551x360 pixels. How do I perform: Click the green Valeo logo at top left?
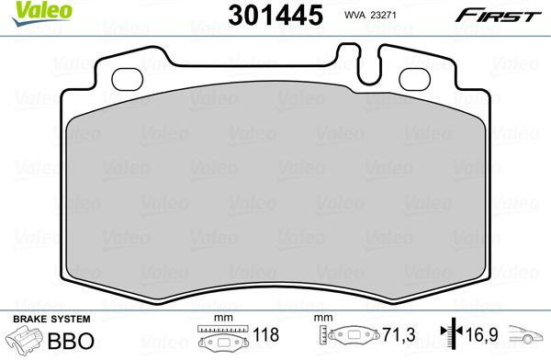(42, 14)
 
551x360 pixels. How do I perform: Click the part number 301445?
(275, 15)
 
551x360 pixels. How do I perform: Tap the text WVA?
(354, 15)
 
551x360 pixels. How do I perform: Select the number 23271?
(383, 15)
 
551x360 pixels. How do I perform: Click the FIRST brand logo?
(499, 16)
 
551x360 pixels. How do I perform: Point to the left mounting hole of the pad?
(128, 79)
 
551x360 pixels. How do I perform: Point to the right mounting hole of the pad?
(415, 79)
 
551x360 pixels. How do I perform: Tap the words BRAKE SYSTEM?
(51, 320)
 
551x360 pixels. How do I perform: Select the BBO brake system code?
(71, 341)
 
